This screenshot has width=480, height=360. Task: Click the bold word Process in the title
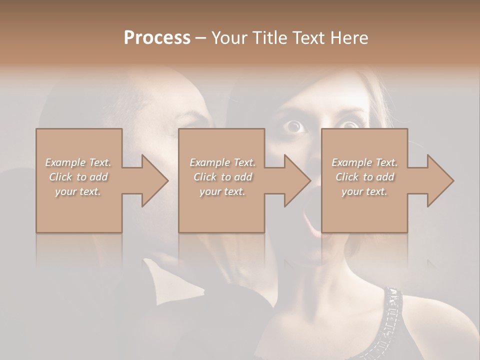157,38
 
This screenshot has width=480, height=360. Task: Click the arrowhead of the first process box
153,180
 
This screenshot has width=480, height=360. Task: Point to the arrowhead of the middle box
295,180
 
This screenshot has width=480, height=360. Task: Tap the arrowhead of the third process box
438,180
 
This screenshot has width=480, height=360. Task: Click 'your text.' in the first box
78,191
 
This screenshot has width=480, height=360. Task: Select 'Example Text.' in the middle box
222,162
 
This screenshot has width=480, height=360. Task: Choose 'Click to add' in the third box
365,177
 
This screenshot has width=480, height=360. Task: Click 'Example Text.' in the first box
78,162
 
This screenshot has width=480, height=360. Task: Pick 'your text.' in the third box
365,191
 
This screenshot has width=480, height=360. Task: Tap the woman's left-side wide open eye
295,126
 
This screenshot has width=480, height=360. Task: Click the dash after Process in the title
200,38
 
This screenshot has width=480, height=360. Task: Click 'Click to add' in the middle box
222,177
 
